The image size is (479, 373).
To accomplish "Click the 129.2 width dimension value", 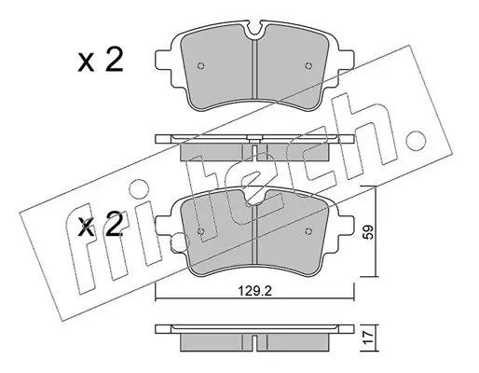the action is pyautogui.click(x=254, y=292).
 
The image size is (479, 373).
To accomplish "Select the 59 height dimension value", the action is pyautogui.click(x=369, y=232).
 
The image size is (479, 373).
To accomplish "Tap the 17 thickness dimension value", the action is pyautogui.click(x=369, y=338).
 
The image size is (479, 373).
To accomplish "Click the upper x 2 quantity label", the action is pyautogui.click(x=101, y=61).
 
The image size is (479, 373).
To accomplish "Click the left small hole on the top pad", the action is pyautogui.click(x=201, y=65).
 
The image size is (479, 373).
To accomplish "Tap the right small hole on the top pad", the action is pyautogui.click(x=308, y=65).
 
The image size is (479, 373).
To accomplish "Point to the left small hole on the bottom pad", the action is pyautogui.click(x=201, y=231).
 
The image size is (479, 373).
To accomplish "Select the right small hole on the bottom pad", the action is pyautogui.click(x=308, y=231).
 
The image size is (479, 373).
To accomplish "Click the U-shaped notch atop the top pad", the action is pyautogui.click(x=254, y=31).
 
